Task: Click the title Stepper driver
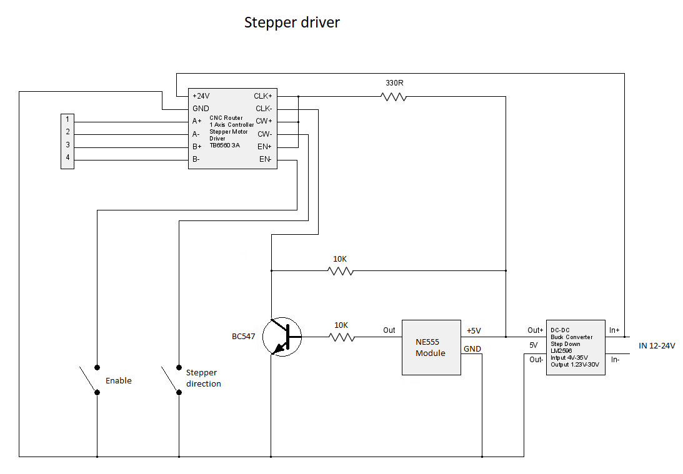(x=292, y=23)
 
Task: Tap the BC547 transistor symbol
(x=282, y=337)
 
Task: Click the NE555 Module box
(x=431, y=347)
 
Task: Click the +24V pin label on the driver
(x=201, y=96)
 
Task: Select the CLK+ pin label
(x=262, y=96)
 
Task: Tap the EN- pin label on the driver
(x=265, y=159)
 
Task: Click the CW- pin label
(x=264, y=134)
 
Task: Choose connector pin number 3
(x=67, y=145)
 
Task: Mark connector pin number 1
(x=67, y=119)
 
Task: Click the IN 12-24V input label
(x=657, y=345)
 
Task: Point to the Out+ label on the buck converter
(x=536, y=330)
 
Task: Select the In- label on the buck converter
(x=614, y=359)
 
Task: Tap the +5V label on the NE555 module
(x=473, y=330)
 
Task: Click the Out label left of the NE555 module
(x=389, y=330)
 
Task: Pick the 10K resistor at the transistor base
(x=341, y=337)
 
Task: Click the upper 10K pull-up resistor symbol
(x=341, y=271)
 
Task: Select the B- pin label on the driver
(x=196, y=159)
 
